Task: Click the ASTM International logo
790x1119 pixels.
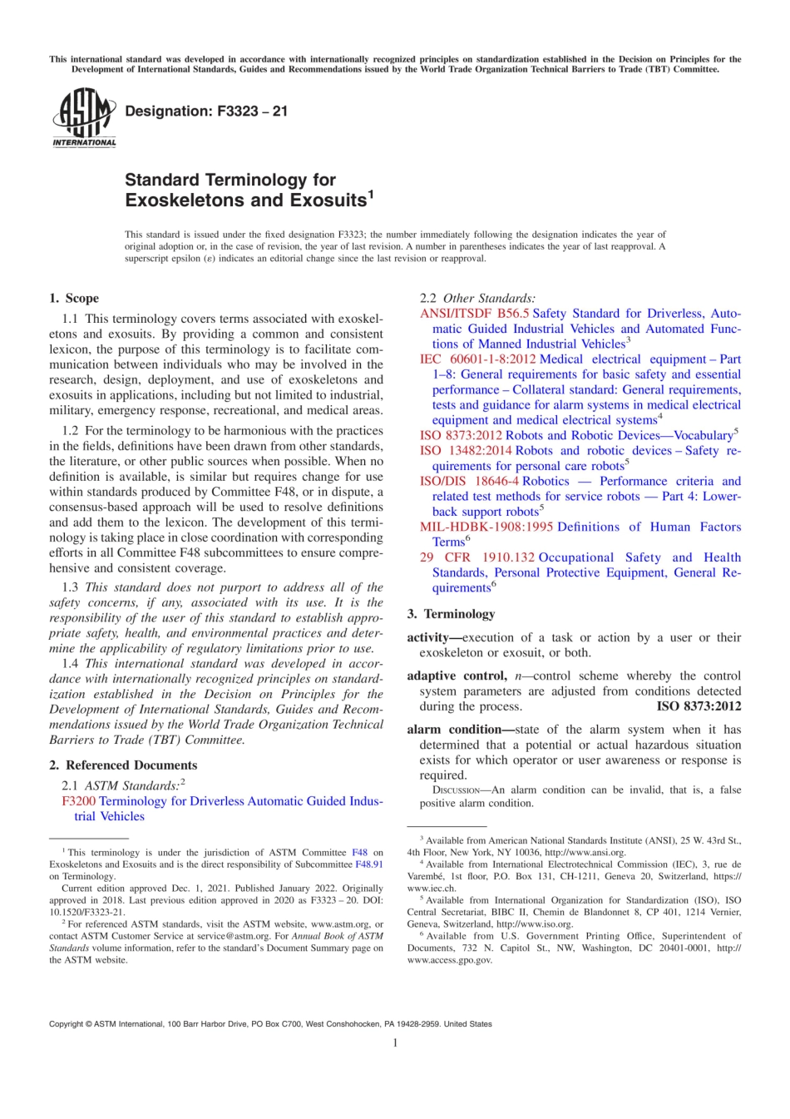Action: (84, 118)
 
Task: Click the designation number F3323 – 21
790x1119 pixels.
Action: (205, 111)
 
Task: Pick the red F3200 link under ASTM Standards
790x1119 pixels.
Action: (79, 801)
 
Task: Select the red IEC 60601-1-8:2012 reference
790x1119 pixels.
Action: (477, 359)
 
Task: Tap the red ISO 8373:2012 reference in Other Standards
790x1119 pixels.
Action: (462, 435)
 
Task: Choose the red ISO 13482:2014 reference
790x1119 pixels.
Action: (466, 450)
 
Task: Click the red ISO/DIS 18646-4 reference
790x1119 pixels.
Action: (469, 481)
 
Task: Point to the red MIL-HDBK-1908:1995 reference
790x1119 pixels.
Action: (486, 527)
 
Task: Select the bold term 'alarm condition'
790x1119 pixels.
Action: (455, 730)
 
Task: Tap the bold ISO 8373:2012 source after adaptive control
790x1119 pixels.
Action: (699, 706)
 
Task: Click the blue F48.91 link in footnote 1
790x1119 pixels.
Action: (369, 864)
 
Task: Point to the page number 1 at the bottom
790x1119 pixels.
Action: (395, 1042)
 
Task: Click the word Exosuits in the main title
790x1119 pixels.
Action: (328, 201)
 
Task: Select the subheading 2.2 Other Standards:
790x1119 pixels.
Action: (477, 298)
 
